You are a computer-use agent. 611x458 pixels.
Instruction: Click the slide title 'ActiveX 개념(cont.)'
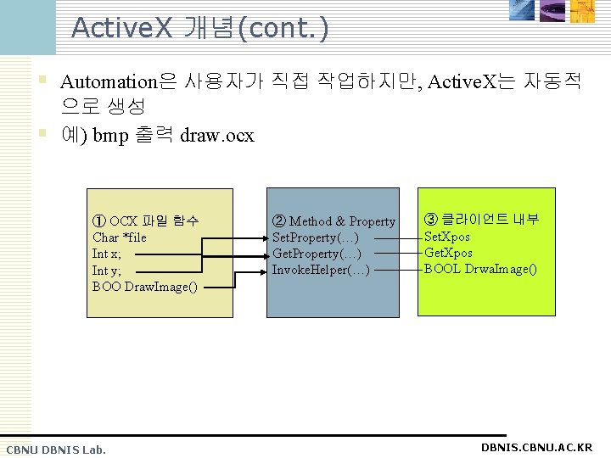200,27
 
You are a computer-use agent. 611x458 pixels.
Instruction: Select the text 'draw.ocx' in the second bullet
217,136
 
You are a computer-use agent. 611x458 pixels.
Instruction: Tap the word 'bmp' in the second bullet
110,136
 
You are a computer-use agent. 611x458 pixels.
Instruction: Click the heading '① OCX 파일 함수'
145,221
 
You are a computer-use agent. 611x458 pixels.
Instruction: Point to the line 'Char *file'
119,237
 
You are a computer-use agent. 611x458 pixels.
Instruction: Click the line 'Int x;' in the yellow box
106,254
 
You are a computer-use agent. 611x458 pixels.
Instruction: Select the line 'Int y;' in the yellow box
106,270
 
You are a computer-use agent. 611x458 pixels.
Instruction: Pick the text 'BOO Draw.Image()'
144,286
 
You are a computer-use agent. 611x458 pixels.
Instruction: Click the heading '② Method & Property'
334,221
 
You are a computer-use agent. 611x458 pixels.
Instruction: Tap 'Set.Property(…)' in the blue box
316,237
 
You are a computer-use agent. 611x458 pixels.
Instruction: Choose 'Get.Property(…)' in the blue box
317,254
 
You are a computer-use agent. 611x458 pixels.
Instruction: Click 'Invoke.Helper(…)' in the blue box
321,270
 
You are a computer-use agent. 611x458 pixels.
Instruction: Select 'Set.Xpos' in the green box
448,237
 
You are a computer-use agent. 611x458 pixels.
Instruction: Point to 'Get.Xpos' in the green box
448,253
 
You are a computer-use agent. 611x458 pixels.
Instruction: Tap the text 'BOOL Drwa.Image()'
480,269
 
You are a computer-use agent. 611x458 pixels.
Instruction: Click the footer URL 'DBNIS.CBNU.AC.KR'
536,447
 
